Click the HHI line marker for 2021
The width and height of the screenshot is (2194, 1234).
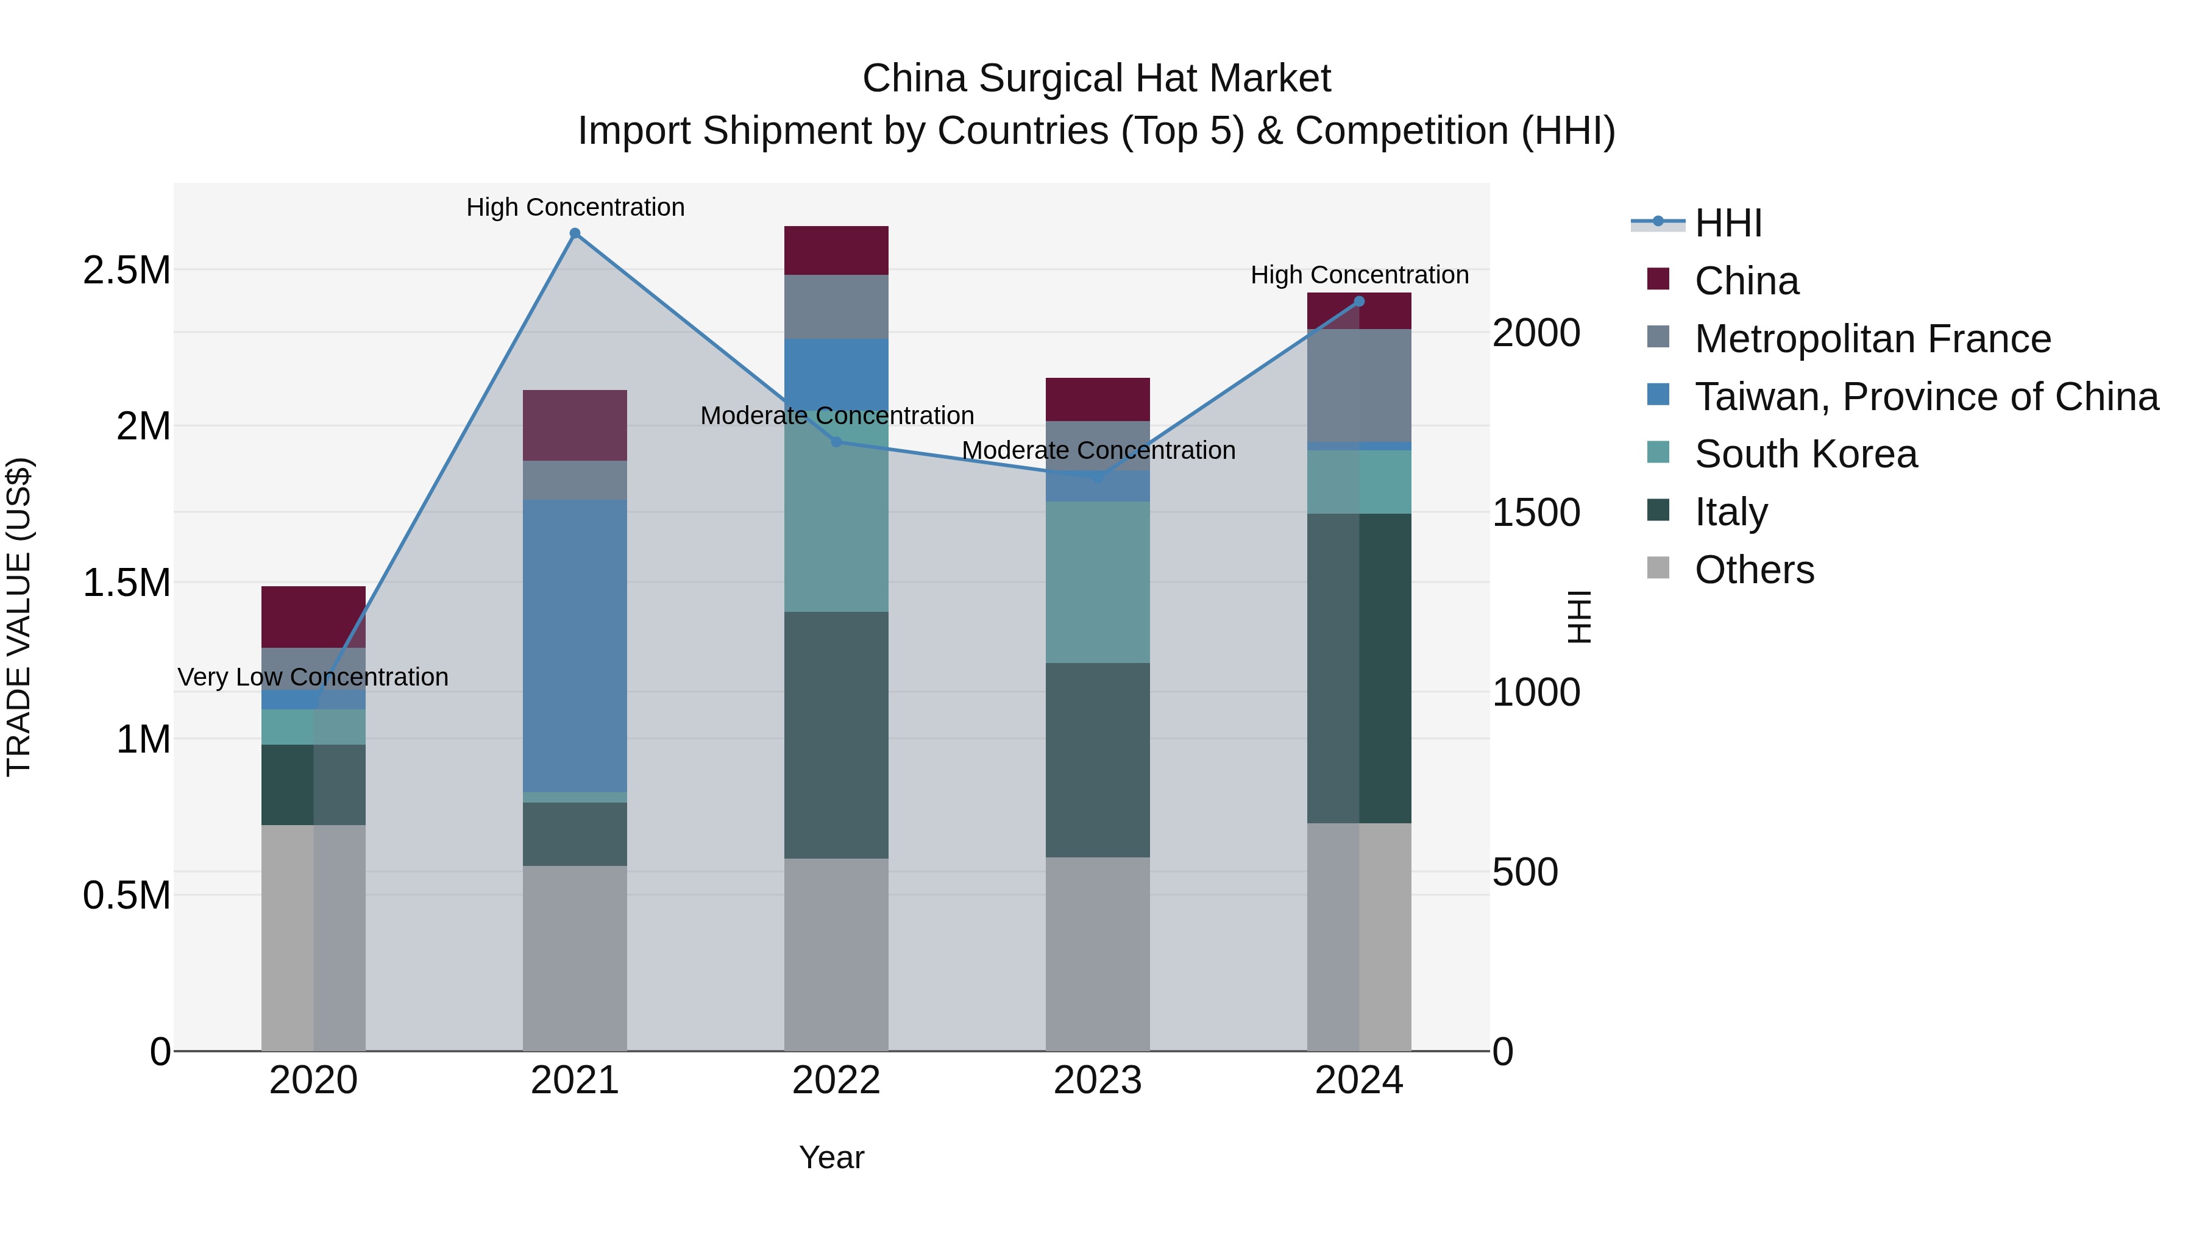tap(575, 233)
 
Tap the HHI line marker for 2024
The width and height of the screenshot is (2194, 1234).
tap(1359, 302)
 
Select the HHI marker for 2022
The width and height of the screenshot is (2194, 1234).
tap(836, 442)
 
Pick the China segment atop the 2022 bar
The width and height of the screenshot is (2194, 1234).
tap(836, 250)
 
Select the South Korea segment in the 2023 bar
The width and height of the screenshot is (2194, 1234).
tap(1098, 582)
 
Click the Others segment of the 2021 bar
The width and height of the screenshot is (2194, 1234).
tap(575, 958)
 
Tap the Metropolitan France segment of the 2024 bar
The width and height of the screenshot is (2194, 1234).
tap(1359, 385)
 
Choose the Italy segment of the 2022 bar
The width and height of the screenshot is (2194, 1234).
tap(836, 734)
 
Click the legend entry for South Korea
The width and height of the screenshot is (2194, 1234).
tap(1806, 454)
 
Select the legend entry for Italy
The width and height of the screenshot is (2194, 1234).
tap(1731, 512)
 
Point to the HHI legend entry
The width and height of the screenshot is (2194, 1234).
tap(1727, 223)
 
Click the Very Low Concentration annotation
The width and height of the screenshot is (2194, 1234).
tap(313, 677)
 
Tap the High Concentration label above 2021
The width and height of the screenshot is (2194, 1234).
tap(575, 207)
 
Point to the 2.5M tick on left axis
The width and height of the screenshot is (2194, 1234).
tap(126, 271)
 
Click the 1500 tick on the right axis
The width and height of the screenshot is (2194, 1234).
tap(1536, 512)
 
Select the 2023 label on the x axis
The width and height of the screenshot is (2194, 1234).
tap(1098, 1080)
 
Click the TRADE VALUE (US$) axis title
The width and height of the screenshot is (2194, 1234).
tap(19, 617)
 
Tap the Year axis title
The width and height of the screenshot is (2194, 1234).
tap(831, 1157)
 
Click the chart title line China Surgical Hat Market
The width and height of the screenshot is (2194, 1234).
tap(1096, 79)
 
